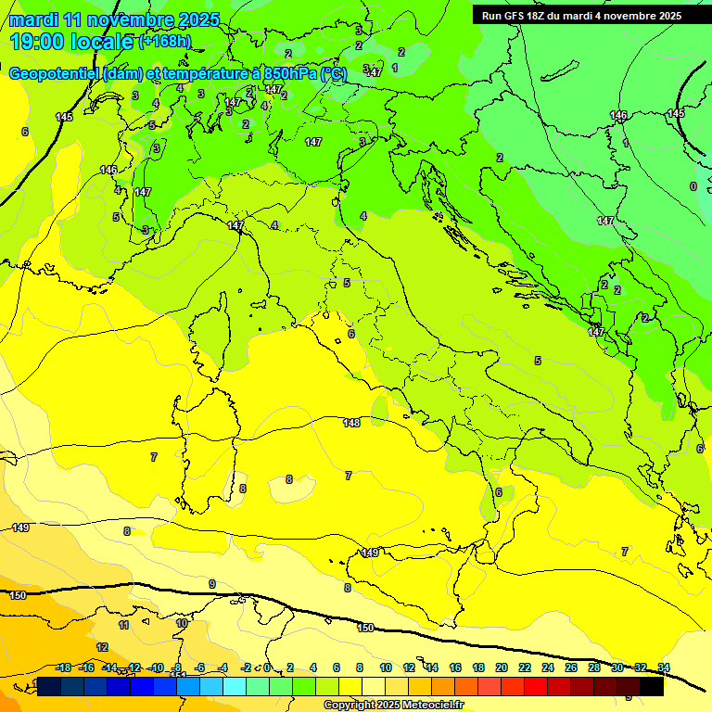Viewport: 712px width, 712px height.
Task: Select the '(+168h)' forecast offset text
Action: pos(166,42)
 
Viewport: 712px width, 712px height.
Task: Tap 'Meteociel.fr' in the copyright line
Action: pos(429,706)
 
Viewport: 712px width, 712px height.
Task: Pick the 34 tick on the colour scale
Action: pos(663,667)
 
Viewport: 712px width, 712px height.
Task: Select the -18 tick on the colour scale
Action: pos(63,667)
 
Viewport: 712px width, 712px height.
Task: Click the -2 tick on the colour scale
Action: pos(247,667)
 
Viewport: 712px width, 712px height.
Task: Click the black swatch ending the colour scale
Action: pos(652,686)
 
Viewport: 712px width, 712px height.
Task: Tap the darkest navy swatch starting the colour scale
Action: pos(49,686)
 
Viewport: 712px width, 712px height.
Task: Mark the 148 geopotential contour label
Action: pos(351,423)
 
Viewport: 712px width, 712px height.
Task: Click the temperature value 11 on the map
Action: pos(123,626)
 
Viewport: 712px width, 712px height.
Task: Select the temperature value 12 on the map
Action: pos(102,647)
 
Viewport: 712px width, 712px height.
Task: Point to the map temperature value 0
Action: pos(693,186)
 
